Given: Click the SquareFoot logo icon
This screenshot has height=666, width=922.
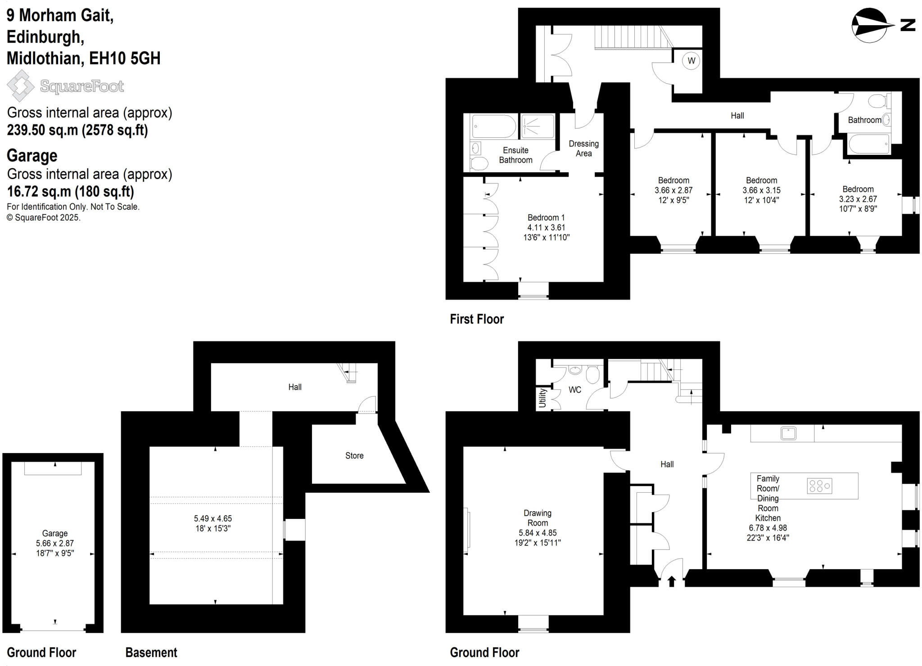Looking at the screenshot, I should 20,85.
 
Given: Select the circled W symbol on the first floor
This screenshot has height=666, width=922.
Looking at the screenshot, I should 691,61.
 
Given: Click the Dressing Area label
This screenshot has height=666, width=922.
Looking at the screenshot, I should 583,148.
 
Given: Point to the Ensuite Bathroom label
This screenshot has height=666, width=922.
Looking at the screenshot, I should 515,155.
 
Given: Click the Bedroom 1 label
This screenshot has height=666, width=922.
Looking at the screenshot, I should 546,217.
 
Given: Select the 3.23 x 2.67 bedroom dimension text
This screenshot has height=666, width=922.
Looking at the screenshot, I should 858,199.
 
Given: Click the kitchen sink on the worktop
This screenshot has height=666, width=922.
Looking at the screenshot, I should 788,433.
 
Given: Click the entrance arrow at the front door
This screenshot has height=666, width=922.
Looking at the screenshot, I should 671,581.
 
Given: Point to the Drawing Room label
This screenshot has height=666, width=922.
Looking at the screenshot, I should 537,517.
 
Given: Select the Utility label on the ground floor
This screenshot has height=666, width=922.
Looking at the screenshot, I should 542,398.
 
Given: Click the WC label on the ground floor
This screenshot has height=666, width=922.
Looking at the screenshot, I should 575,390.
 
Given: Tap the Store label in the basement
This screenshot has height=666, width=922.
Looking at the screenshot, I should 354,455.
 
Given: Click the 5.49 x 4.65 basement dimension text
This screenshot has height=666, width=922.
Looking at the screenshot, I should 213,518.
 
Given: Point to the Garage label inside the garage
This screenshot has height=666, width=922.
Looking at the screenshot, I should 55,533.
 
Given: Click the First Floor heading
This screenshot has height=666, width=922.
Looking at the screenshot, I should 476,319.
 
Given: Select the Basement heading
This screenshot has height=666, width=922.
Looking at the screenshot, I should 151,652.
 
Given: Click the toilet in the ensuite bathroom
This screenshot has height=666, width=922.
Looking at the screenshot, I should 478,163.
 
